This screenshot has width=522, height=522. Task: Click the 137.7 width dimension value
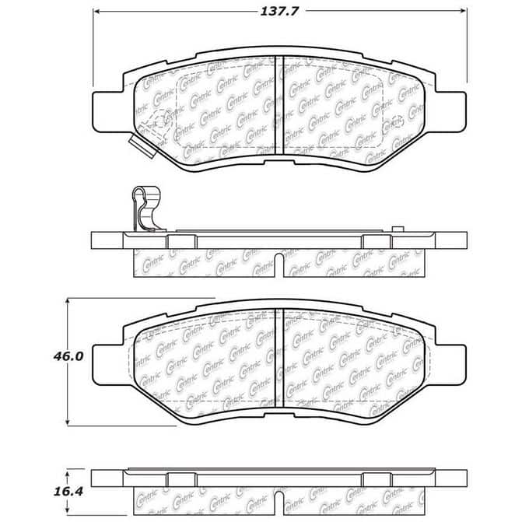(279, 12)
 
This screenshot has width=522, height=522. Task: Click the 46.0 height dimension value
(68, 356)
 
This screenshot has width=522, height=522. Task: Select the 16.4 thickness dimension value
(68, 492)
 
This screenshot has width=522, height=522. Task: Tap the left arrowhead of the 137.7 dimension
(96, 12)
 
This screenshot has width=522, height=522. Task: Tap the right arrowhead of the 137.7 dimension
(463, 12)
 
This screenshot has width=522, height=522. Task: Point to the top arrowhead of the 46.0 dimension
(68, 301)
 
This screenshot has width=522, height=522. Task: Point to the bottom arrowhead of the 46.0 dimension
(68, 422)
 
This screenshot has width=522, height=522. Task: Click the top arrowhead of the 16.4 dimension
(68, 473)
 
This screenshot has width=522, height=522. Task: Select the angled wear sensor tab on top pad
(142, 145)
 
